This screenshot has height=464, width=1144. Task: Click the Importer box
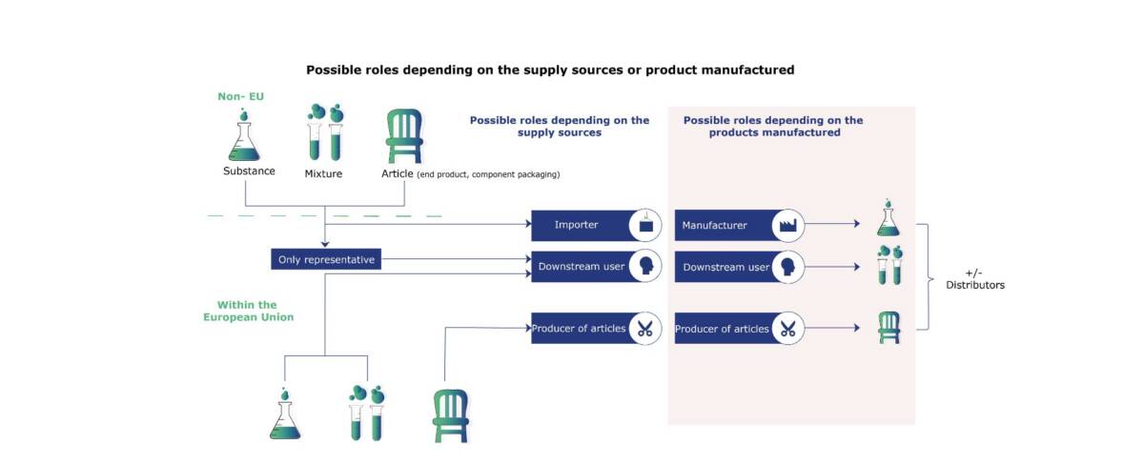pos(582,226)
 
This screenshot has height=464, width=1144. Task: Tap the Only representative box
pos(325,259)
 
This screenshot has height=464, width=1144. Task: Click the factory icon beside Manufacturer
pos(788,226)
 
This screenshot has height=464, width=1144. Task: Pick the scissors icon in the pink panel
pos(788,330)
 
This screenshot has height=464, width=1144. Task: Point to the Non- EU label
pos(240,96)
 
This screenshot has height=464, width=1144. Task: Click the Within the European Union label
pos(248,311)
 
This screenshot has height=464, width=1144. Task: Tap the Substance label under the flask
pos(249,171)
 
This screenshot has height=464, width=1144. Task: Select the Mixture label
pos(323,173)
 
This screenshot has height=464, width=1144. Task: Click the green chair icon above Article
pos(403,137)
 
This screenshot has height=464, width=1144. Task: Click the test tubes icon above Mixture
pos(324,132)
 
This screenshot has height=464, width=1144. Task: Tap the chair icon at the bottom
pos(451,414)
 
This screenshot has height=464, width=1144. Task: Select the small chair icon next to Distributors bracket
pos(889,329)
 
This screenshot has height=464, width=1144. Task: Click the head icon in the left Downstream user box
pos(645,267)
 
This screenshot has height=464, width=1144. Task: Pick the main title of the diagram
pos(550,70)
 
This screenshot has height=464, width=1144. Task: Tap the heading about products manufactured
pos(773,126)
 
